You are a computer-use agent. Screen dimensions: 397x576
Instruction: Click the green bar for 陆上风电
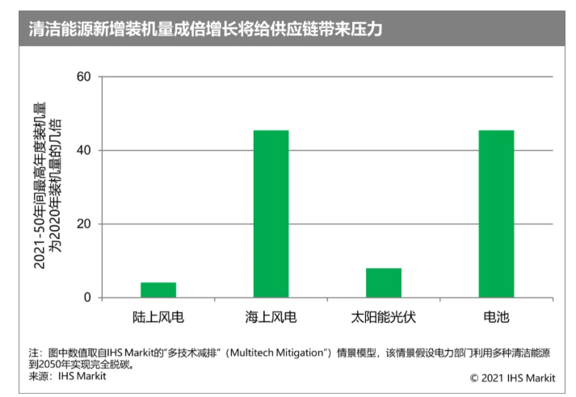[158, 290]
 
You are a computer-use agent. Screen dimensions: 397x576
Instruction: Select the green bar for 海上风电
[271, 214]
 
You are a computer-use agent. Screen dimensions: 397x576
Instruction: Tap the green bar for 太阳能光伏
[383, 282]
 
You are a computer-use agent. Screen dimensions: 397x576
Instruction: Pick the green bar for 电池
[495, 214]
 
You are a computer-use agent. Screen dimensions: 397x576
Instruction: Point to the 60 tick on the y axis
[83, 77]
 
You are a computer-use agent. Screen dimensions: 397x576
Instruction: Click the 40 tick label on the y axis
[83, 151]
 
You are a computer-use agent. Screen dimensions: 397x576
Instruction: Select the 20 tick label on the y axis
[83, 224]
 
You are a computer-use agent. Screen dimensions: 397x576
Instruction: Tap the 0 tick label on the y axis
[87, 298]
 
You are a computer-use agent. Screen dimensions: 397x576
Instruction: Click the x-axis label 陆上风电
[158, 317]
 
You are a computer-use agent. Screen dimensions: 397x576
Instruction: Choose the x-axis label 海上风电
[271, 317]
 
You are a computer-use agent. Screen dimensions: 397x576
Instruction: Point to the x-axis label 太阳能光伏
[383, 317]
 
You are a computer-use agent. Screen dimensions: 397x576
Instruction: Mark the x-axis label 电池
[495, 317]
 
